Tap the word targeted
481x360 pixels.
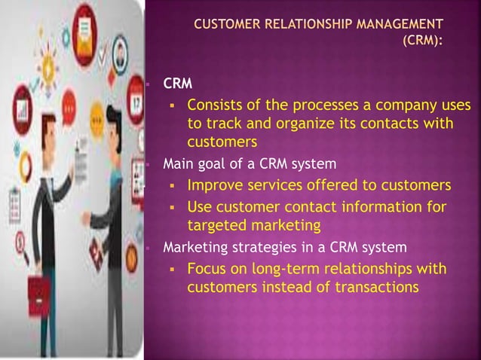214,224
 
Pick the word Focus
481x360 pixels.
207,269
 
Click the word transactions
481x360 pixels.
381,286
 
